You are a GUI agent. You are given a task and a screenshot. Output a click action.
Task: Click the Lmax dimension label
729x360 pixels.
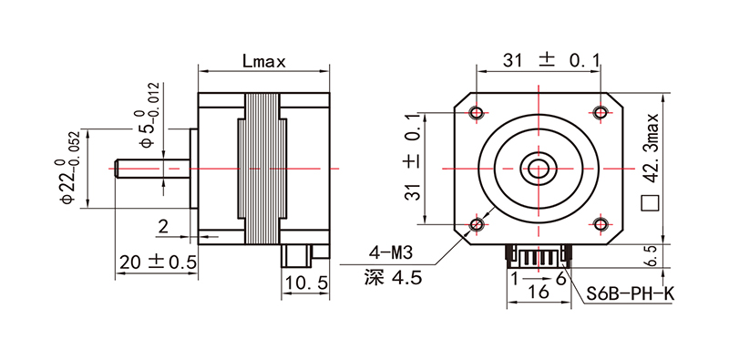click(265, 62)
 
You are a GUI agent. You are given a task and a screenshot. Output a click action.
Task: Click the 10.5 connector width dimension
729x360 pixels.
click(305, 283)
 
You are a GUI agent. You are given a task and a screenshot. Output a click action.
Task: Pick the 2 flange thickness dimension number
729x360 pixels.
click(162, 226)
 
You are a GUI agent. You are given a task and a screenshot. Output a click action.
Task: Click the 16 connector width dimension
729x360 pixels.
click(537, 293)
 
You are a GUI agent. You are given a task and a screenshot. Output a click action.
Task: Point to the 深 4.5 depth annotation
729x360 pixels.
click(393, 278)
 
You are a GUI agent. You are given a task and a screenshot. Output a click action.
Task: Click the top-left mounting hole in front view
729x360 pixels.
click(477, 111)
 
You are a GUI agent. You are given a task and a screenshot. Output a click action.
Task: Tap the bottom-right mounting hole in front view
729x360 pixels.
click(600, 224)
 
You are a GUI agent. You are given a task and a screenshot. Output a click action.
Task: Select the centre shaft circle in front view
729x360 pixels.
click(538, 168)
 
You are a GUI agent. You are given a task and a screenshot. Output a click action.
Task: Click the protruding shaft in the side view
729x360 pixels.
click(151, 169)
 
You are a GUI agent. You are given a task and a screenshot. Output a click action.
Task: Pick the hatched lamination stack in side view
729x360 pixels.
click(263, 169)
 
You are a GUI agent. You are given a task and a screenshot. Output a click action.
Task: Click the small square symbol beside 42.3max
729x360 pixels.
click(650, 203)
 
